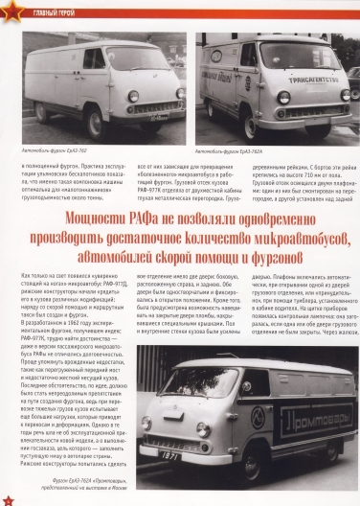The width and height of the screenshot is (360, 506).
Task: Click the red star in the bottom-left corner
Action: [8, 498]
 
